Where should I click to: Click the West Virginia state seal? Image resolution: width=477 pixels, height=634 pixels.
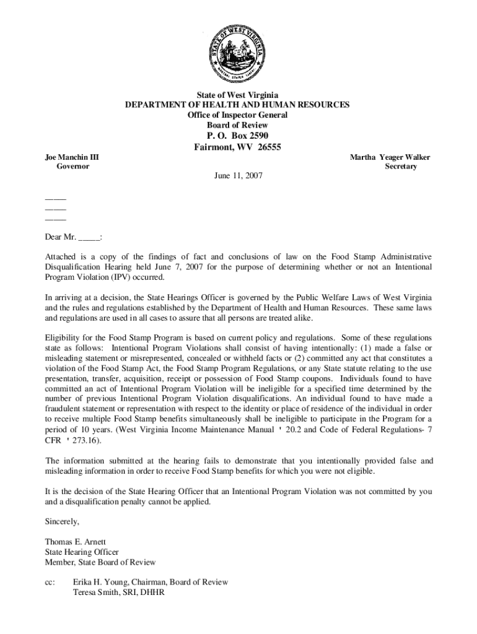[x=238, y=54]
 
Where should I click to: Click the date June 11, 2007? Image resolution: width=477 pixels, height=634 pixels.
[x=238, y=176]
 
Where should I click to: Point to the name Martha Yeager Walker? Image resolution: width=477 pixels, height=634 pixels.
[x=390, y=157]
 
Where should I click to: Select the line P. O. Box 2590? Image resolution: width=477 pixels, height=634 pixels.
[x=238, y=136]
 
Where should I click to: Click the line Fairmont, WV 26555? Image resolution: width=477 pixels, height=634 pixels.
[x=238, y=148]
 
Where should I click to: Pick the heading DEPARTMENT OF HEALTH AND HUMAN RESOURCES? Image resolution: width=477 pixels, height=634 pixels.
[x=238, y=105]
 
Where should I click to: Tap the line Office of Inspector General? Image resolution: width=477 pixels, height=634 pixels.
[x=238, y=115]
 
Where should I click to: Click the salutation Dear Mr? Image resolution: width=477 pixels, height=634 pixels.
[x=60, y=238]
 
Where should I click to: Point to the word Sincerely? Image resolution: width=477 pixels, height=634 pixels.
[x=62, y=521]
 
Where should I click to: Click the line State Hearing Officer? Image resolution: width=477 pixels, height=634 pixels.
[x=82, y=552]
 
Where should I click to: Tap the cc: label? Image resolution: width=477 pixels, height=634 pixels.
[x=50, y=582]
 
